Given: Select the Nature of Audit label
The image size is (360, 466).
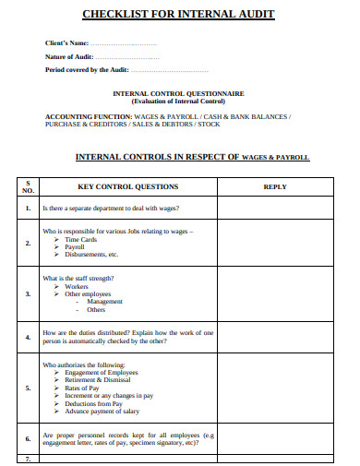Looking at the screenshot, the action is click(x=70, y=57).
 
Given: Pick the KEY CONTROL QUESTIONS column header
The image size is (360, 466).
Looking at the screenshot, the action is click(x=128, y=186).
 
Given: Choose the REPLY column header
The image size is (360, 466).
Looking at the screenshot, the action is click(x=275, y=186).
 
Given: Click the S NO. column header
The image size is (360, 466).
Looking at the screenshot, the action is click(x=28, y=186).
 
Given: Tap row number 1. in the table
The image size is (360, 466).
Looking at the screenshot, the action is click(x=28, y=209).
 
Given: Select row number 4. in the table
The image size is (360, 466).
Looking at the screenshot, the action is click(x=28, y=337).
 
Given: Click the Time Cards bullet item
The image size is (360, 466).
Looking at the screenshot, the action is click(x=80, y=239).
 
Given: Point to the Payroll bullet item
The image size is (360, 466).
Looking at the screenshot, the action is click(x=75, y=246).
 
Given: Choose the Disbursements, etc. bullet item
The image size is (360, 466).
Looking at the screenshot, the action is click(x=91, y=255).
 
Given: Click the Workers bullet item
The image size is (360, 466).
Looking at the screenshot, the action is click(x=77, y=286).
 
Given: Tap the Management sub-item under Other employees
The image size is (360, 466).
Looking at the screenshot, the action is click(x=104, y=302).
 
